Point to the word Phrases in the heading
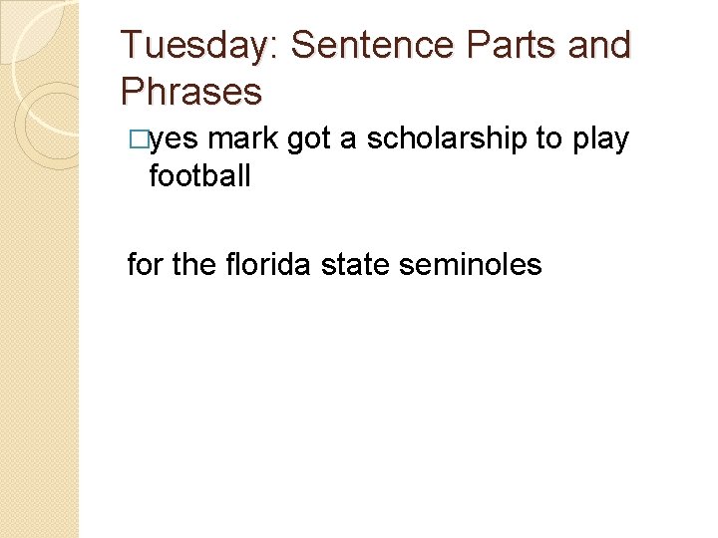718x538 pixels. point(190,92)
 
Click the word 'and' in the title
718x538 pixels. point(600,46)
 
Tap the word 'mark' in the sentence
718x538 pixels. point(242,139)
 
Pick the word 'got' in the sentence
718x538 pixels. point(309,140)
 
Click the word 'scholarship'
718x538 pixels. point(446,139)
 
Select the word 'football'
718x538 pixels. point(199,176)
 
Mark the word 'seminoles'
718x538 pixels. point(470,264)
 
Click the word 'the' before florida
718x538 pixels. point(190,264)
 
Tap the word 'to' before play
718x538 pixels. point(549,140)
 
